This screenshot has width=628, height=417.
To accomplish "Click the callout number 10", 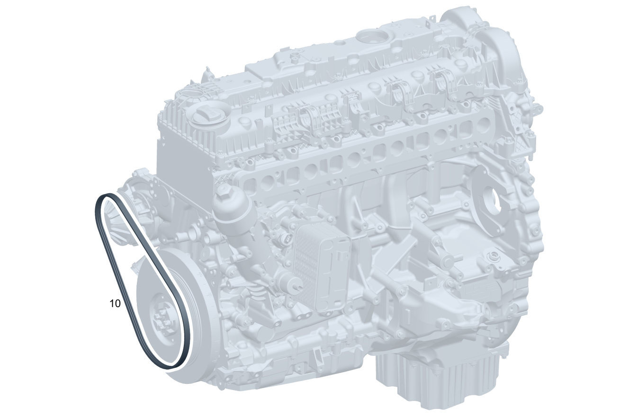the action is (x=115, y=303).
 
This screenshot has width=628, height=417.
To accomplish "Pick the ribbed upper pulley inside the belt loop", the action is (x=118, y=224).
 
